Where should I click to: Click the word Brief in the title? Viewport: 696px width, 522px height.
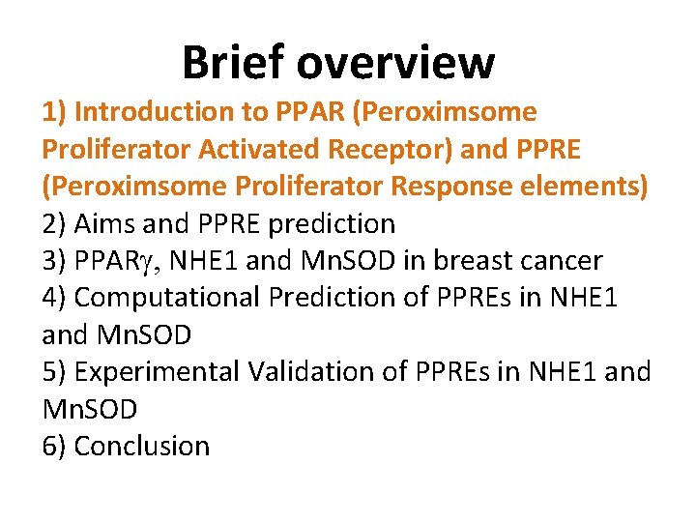click(x=234, y=63)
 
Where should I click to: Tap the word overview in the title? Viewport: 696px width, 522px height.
click(x=396, y=63)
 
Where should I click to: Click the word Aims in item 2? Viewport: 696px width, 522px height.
click(x=105, y=224)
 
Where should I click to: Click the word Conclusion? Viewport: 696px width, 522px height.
click(x=141, y=446)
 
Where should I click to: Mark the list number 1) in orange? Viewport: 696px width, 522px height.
click(x=54, y=112)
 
